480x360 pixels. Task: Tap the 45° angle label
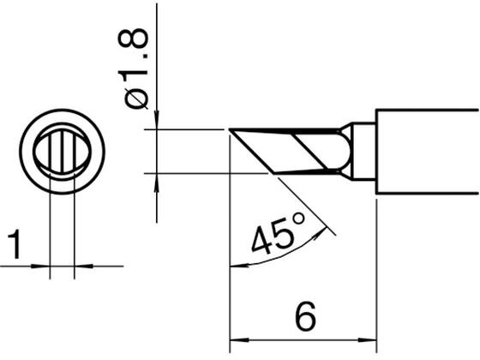(x=278, y=233)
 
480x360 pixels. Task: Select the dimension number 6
(x=305, y=316)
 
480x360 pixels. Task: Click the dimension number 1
(x=14, y=245)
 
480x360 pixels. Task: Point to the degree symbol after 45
(x=298, y=219)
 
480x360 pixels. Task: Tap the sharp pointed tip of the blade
(x=230, y=129)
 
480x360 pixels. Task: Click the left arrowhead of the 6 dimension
(x=239, y=339)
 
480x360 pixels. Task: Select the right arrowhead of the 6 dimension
(x=368, y=339)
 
